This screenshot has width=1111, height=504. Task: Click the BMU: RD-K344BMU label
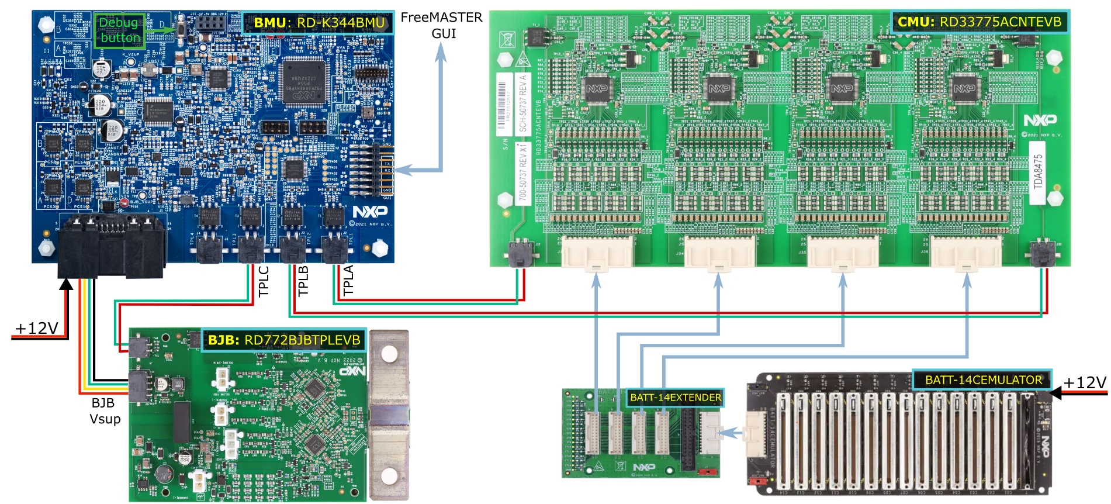319,23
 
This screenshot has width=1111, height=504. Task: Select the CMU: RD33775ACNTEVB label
980,22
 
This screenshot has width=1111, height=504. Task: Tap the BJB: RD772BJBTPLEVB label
284,340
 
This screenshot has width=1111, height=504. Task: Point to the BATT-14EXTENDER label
675,398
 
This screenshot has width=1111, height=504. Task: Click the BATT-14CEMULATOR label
983,380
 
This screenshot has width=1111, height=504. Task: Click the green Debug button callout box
120,30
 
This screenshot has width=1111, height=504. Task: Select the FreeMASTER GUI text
442,26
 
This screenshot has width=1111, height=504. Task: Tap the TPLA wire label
348,280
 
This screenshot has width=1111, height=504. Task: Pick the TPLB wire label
303,281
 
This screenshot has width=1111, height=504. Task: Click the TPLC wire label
264,281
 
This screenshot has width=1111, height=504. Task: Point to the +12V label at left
36,329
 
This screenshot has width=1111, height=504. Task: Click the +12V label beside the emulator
1085,382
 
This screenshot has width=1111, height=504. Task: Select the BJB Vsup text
104,411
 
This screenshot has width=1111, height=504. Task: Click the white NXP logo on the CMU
1040,120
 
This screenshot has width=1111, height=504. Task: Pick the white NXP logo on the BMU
369,211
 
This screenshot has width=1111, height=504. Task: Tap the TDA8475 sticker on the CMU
1038,171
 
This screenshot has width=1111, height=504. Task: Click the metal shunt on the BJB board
389,415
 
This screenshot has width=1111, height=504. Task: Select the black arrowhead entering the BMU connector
67,284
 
